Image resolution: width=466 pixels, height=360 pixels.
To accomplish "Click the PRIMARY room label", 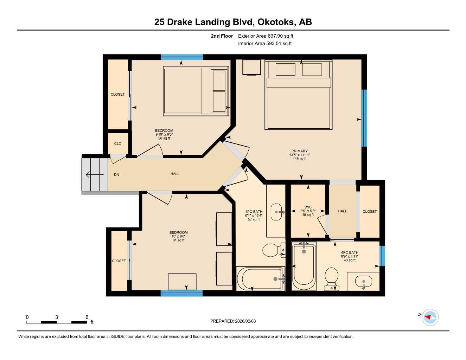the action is pos(299,151).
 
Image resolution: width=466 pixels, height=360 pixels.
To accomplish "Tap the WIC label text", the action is pos(308,207).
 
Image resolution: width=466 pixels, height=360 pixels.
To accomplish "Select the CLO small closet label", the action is pos(118,143).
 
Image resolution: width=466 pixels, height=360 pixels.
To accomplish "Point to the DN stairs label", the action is pos(116,175).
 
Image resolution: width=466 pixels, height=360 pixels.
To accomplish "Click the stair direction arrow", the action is pos(95,175).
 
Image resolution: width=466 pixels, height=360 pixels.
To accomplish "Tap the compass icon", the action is pos(430,317).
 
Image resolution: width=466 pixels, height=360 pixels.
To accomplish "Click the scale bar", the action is pos(57,322).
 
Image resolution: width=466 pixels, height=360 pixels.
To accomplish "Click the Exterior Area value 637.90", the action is pos(275,36).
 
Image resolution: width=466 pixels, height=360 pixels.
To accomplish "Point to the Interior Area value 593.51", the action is pos(274,44).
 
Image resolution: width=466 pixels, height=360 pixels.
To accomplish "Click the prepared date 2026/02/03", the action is pos(245,321).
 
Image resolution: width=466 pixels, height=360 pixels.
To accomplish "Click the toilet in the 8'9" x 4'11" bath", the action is pos(332,279).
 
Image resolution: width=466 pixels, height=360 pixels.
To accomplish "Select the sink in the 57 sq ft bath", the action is pos(277,212).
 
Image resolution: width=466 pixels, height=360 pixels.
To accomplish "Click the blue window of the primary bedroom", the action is pos(364,118).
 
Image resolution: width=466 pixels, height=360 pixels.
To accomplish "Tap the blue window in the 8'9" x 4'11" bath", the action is pos(382,256).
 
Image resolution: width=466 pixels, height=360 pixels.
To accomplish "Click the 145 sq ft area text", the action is pos(300,159).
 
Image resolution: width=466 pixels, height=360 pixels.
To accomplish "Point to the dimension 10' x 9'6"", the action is pos(178,236).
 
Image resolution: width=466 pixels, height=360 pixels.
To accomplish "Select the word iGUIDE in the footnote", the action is pos(118,337).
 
